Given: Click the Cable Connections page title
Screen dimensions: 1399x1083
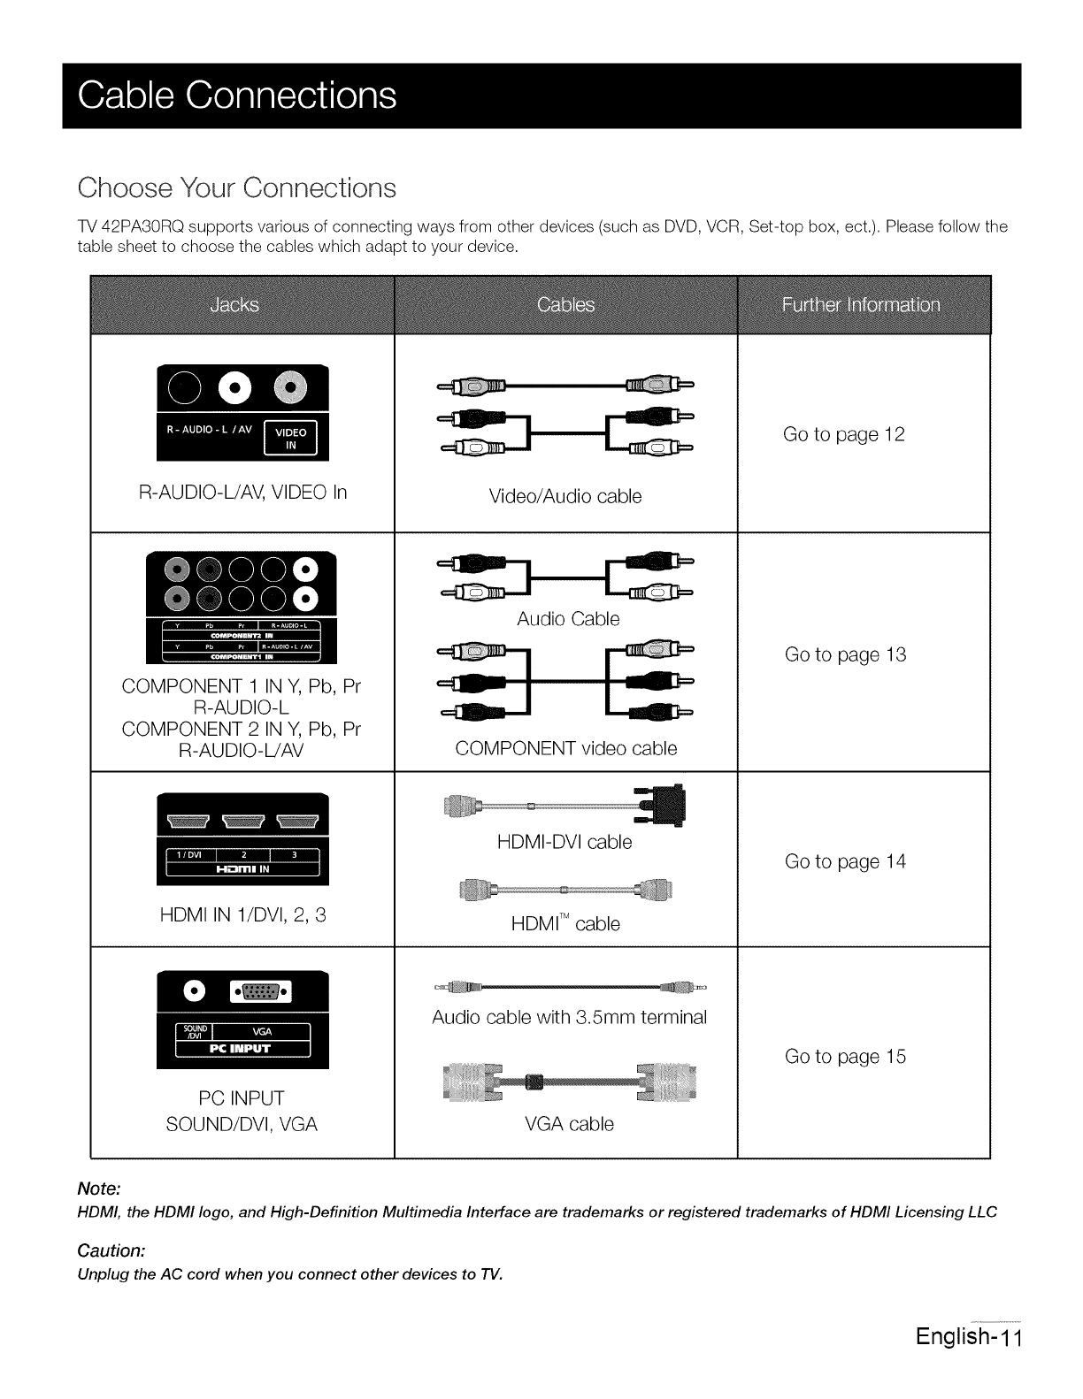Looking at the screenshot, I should pyautogui.click(x=237, y=96).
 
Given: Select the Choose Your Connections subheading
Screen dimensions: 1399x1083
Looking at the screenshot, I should pyautogui.click(x=236, y=188).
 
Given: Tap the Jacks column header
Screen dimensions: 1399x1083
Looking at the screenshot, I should pyautogui.click(x=235, y=306).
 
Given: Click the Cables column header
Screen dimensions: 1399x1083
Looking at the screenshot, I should pyautogui.click(x=565, y=306).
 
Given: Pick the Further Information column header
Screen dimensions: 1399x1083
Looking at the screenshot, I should pyautogui.click(x=861, y=306).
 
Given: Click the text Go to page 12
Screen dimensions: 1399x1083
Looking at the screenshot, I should pyautogui.click(x=844, y=434).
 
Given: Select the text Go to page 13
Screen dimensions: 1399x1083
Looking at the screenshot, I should pyautogui.click(x=845, y=654).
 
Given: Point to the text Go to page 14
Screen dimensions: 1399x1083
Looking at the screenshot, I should pyautogui.click(x=845, y=861).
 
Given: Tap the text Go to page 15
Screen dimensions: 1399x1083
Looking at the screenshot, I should pyautogui.click(x=845, y=1057).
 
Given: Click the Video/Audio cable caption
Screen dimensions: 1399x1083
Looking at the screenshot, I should pyautogui.click(x=565, y=497).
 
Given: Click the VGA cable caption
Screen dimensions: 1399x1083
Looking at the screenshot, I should pyautogui.click(x=569, y=1124).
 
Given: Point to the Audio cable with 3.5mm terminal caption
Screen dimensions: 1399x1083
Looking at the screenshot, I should pyautogui.click(x=569, y=1017).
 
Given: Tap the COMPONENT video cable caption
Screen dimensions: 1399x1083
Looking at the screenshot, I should pyautogui.click(x=565, y=749).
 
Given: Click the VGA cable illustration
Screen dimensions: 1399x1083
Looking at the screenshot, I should pyautogui.click(x=569, y=1082).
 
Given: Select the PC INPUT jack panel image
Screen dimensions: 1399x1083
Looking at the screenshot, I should pyautogui.click(x=242, y=1020).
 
